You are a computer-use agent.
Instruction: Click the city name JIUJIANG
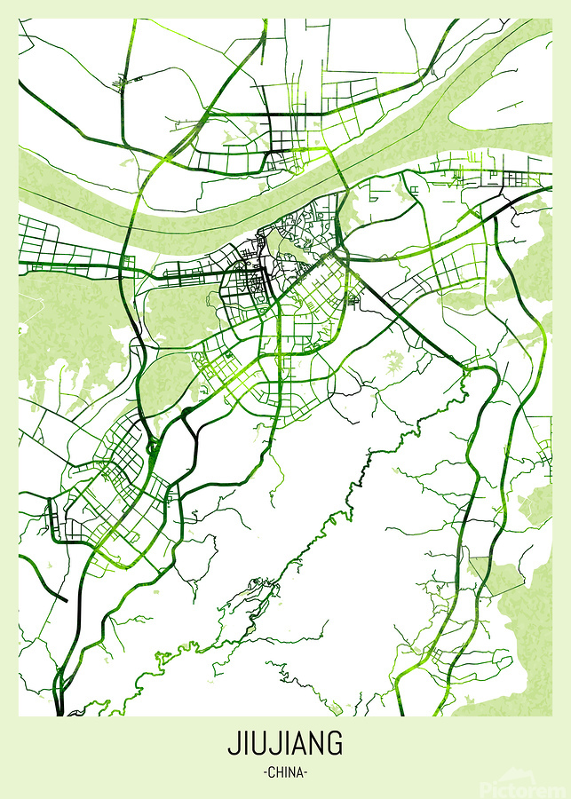click(x=285, y=744)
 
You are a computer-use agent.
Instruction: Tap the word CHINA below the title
click(x=285, y=772)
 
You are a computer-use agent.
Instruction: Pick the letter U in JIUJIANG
click(x=258, y=744)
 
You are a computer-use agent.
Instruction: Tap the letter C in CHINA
click(x=272, y=772)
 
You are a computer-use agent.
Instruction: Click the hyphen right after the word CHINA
click(x=305, y=772)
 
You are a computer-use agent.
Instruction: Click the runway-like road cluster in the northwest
click(x=130, y=83)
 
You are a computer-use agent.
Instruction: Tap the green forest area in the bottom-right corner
click(x=519, y=657)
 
